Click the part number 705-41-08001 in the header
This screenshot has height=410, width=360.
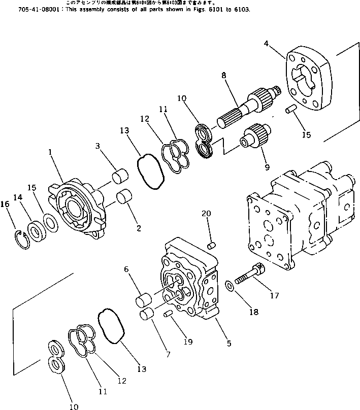[x=20, y=10]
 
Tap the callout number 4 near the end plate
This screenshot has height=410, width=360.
[x=266, y=44]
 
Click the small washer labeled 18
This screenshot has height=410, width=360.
[x=231, y=287]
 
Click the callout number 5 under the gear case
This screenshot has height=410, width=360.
[x=228, y=343]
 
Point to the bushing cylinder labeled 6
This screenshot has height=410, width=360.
[x=141, y=302]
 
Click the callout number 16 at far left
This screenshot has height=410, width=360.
[x=5, y=204]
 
